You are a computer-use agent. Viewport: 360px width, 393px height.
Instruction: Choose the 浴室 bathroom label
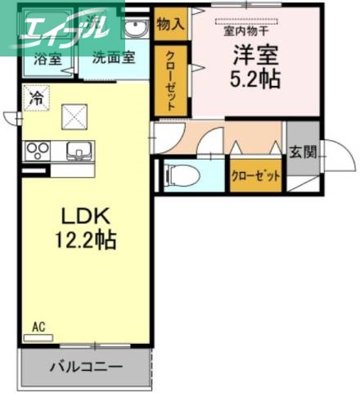[x=47, y=60]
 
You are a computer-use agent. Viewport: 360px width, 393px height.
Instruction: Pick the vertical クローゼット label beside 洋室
[x=171, y=79]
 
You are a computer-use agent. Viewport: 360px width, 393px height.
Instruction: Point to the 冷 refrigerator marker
[x=35, y=96]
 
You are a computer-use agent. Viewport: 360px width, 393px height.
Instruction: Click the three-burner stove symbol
[x=38, y=151]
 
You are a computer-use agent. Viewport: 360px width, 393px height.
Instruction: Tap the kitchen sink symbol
[x=79, y=151]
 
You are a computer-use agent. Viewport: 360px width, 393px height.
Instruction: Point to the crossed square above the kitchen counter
[x=78, y=116]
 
